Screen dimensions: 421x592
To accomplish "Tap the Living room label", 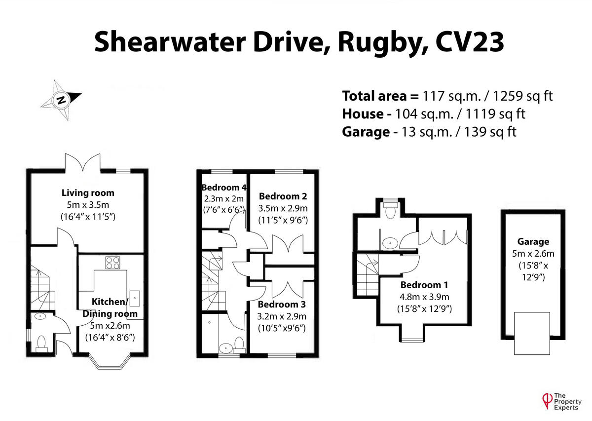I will tap(88, 192).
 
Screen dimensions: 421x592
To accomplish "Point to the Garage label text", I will tap(533, 241).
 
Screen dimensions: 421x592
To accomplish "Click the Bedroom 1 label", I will tap(424, 285).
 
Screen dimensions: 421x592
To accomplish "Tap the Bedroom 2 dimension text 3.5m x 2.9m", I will tap(283, 208).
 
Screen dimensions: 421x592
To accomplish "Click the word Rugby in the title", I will tap(375, 41).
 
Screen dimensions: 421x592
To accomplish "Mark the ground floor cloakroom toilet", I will tap(42, 342).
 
